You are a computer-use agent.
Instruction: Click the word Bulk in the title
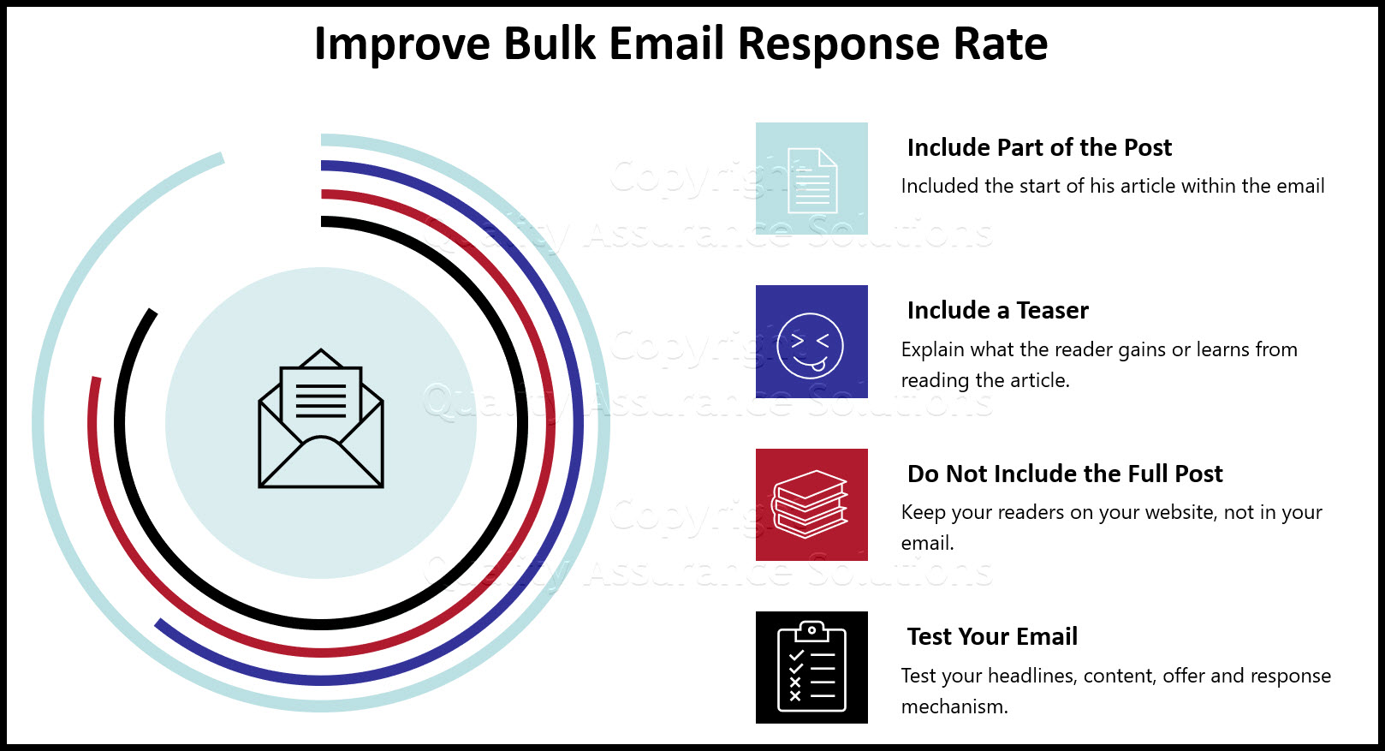click(x=549, y=44)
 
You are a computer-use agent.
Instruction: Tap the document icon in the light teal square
click(x=812, y=180)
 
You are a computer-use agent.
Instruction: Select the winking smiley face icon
click(x=810, y=345)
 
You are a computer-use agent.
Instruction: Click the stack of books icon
click(x=810, y=504)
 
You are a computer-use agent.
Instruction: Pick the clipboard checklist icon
click(x=811, y=666)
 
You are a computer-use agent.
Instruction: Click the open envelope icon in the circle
click(x=321, y=418)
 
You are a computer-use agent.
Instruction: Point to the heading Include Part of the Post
click(x=1039, y=147)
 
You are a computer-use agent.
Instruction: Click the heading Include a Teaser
click(x=997, y=310)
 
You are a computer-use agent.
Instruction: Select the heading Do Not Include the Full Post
click(x=1065, y=474)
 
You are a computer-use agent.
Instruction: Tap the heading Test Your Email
click(x=992, y=636)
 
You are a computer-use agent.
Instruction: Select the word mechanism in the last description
click(x=954, y=706)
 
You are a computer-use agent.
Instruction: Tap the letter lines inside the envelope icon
click(x=321, y=400)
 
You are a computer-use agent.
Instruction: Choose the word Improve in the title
click(x=402, y=45)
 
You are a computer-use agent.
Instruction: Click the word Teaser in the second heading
click(x=1052, y=310)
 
